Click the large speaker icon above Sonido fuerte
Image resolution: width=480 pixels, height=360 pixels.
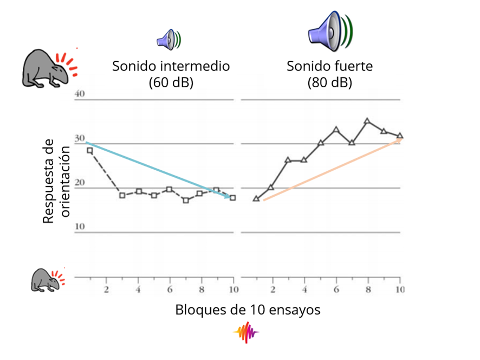(330, 28)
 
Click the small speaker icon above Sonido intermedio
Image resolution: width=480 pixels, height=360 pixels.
(168, 38)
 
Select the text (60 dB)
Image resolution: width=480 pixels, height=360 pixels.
(171, 82)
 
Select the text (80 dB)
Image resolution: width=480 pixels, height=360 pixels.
(329, 82)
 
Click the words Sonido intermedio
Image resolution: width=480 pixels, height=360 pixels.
(171, 66)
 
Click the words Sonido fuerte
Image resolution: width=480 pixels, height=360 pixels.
(329, 66)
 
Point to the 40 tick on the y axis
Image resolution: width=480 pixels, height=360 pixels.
(80, 94)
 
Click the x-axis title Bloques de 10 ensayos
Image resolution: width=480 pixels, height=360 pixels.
(248, 310)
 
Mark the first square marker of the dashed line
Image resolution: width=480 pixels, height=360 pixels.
(90, 150)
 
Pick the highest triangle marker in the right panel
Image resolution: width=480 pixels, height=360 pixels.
(367, 121)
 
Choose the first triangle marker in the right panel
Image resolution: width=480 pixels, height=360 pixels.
(256, 199)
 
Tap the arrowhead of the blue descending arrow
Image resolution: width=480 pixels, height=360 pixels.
(229, 197)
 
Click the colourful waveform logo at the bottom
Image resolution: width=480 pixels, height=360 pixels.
(246, 332)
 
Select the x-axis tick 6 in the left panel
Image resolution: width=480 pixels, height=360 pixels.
(170, 288)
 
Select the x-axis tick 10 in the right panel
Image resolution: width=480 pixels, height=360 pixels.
(399, 288)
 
